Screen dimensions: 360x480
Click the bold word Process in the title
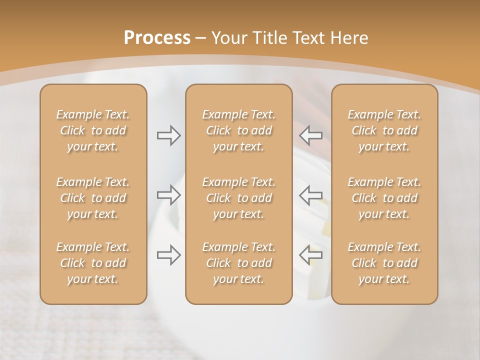pos(157,38)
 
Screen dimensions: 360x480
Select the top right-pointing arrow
pos(168,135)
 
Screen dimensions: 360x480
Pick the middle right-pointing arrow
pos(168,194)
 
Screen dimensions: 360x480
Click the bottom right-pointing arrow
pos(168,254)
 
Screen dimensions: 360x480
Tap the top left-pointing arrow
pos(311,135)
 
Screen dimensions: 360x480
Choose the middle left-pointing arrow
pos(311,194)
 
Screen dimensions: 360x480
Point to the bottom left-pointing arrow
pos(311,254)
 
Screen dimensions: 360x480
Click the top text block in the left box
pos(93,130)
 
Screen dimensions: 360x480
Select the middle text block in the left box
pos(93,198)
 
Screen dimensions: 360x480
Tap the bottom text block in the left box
pos(93,263)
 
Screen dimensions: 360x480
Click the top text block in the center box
pos(239,130)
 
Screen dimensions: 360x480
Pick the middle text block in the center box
pos(239,198)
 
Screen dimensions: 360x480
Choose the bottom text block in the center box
pos(239,263)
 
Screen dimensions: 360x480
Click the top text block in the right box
pos(384,130)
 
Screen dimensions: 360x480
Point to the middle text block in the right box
pos(384,198)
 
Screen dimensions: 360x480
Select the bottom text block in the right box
pos(384,263)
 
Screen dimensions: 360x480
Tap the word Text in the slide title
pos(305,38)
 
